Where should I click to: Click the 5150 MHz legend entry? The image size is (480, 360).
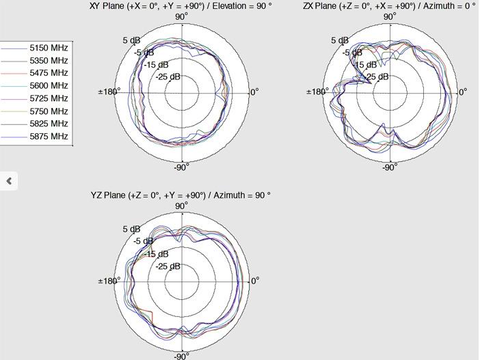coord(49,48)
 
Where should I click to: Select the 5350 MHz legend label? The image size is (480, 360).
coord(49,61)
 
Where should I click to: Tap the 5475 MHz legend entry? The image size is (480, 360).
coord(49,73)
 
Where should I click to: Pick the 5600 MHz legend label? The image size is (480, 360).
coord(49,85)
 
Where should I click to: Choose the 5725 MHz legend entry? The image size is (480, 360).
coord(49,98)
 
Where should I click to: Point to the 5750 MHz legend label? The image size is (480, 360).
coord(49,111)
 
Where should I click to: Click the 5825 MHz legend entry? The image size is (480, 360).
coord(49,124)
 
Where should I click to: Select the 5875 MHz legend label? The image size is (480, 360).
coord(49,136)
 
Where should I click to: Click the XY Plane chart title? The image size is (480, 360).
coord(181,6)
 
